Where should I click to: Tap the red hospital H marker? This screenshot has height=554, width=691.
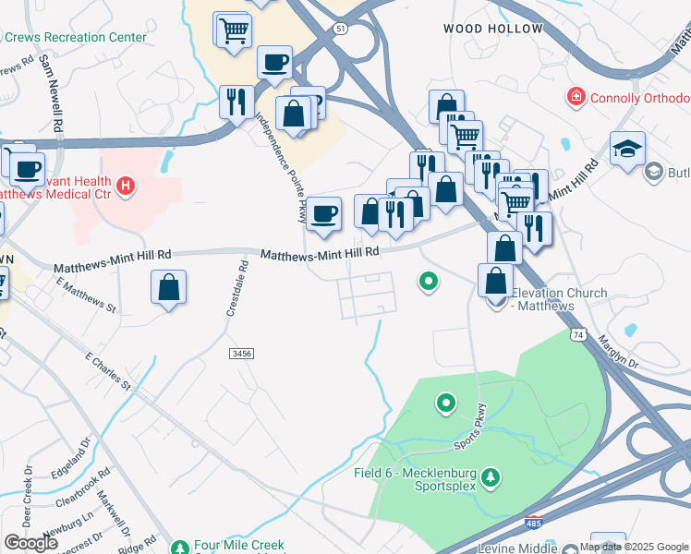[x=126, y=187]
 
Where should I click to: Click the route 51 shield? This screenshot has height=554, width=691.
[x=342, y=29]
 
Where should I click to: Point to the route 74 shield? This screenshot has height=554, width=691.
[x=578, y=332]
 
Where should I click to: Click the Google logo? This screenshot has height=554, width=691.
[x=30, y=543]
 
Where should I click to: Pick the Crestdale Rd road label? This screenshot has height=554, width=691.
[x=236, y=289]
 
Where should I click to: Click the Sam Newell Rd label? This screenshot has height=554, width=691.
[x=52, y=91]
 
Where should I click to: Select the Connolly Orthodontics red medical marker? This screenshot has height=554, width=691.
[x=576, y=97]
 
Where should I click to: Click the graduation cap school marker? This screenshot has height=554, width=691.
[x=627, y=148]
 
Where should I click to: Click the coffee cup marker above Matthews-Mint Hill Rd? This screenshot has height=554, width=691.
[x=323, y=214]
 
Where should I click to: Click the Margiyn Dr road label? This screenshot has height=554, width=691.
[x=621, y=350]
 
